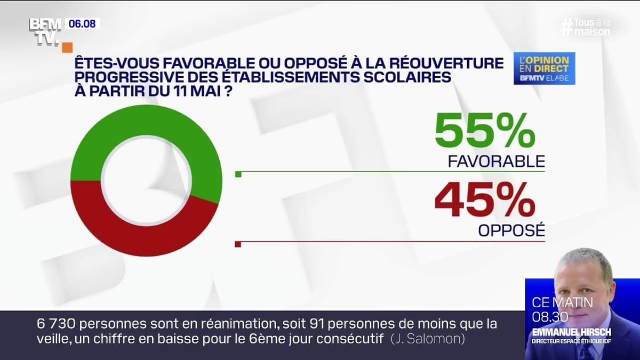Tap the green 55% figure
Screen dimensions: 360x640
[x=484, y=131]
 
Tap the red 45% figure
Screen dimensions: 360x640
[x=484, y=201]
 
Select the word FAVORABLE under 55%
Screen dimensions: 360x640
[x=497, y=161]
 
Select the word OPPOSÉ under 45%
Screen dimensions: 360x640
[x=511, y=231]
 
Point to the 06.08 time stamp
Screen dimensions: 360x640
[x=82, y=24]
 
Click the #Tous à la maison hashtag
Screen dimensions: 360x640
[x=587, y=27]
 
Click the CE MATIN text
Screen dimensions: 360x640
[x=562, y=302]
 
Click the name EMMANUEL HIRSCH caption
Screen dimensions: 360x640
[x=571, y=332]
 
